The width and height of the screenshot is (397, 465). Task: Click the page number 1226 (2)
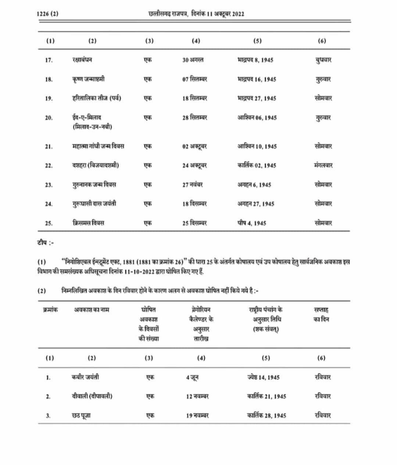point(47,14)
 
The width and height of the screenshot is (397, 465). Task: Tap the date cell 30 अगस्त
point(193,60)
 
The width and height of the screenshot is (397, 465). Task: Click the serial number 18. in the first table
point(49,79)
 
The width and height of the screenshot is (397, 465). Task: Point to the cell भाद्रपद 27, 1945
point(257,98)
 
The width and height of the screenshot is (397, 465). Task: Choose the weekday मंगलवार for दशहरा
point(323,165)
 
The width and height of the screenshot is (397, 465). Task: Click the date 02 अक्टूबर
point(194,146)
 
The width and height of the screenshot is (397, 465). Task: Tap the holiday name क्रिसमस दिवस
point(88,223)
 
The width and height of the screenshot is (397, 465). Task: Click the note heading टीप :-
point(46,243)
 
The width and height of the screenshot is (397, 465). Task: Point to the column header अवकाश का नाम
point(92,310)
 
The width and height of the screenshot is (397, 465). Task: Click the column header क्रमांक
point(50,310)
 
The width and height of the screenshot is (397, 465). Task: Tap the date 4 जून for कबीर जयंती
point(192,377)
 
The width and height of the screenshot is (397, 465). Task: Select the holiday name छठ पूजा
point(81,415)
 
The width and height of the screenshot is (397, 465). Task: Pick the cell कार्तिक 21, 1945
point(267,396)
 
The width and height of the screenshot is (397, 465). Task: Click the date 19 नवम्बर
point(197,415)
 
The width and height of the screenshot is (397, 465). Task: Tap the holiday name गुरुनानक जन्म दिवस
point(94,184)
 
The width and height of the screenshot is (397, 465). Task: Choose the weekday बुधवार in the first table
point(323,60)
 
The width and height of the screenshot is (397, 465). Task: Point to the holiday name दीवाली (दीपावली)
point(92,396)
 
